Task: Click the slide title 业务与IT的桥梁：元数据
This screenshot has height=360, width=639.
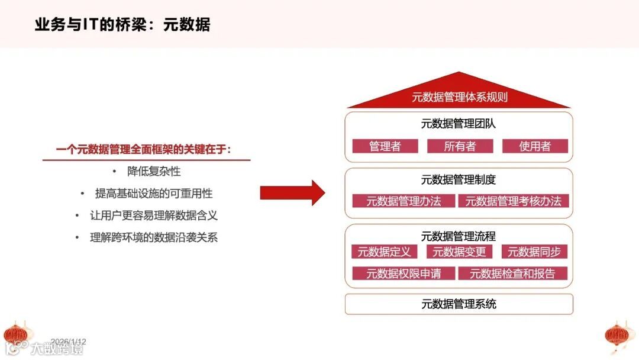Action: [x=122, y=25]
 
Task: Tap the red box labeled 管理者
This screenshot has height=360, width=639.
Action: [x=385, y=146]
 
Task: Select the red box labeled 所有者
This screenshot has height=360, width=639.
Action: [x=460, y=146]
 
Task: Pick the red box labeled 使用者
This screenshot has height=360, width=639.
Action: [x=535, y=146]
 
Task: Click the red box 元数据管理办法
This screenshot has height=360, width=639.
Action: [x=404, y=201]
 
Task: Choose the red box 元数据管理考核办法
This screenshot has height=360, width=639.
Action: [x=513, y=201]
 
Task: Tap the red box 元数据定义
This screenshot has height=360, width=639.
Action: [x=384, y=252]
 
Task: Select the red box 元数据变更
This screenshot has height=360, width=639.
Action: [x=459, y=252]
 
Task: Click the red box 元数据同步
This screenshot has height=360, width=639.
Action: [x=534, y=252]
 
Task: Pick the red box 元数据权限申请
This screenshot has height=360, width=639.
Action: [x=404, y=274]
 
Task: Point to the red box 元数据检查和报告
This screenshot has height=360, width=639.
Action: [x=512, y=274]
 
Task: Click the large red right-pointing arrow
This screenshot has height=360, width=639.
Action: [x=292, y=193]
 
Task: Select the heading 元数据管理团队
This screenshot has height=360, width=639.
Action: [x=459, y=124]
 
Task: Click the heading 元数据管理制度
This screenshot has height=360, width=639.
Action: [x=459, y=179]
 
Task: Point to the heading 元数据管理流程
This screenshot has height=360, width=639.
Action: [x=459, y=236]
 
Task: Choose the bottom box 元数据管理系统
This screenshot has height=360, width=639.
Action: [x=459, y=304]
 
